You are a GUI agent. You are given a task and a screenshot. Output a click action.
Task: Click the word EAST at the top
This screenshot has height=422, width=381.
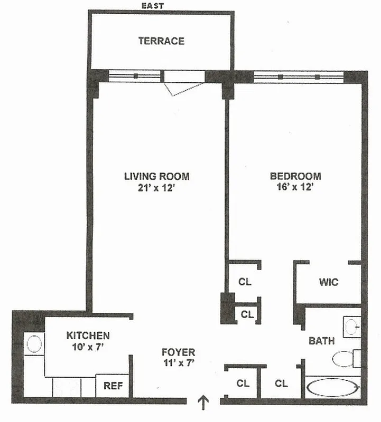pyautogui.click(x=153, y=6)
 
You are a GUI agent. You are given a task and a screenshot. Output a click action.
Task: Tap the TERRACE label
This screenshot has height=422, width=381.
pyautogui.click(x=161, y=41)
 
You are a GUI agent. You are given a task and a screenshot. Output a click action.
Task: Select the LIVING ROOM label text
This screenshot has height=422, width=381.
pyautogui.click(x=156, y=176)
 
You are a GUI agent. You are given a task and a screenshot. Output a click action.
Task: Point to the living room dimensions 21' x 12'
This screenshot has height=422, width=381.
pyautogui.click(x=156, y=188)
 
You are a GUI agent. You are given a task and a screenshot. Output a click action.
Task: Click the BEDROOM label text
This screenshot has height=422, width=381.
pyautogui.click(x=295, y=176)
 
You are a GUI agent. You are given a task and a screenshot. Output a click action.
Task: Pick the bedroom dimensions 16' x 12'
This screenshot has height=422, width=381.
pyautogui.click(x=295, y=188)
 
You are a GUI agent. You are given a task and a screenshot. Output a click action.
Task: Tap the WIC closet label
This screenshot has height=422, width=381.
pyautogui.click(x=328, y=282)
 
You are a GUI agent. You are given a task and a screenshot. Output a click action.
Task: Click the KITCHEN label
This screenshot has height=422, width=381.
pyautogui.click(x=88, y=335)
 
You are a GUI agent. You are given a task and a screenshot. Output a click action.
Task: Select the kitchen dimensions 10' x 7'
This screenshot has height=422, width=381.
pyautogui.click(x=88, y=347)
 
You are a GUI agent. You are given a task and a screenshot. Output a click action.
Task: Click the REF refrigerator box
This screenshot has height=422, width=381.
pyautogui.click(x=113, y=386)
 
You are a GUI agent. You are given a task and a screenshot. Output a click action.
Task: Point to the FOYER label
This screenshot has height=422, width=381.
pyautogui.click(x=178, y=352)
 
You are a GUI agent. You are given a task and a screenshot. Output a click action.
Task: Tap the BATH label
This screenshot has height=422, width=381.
pyautogui.click(x=321, y=341)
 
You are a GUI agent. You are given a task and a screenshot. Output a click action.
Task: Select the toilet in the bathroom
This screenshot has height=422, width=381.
pyautogui.click(x=345, y=359)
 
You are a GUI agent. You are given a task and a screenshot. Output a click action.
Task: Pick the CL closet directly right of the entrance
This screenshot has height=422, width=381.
pyautogui.click(x=243, y=383)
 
